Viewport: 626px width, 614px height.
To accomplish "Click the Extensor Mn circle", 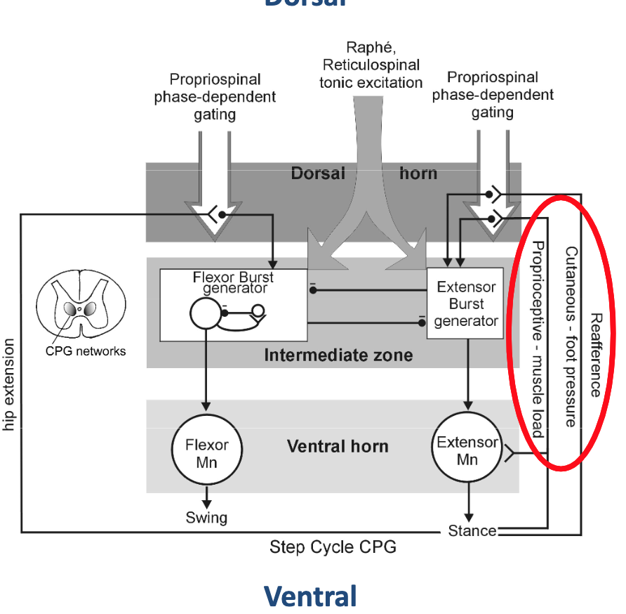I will (x=467, y=450).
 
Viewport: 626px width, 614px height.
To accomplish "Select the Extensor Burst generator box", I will (x=466, y=303).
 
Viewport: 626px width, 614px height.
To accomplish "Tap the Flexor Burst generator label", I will (x=234, y=282).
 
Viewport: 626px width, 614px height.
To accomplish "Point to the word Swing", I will (x=206, y=518).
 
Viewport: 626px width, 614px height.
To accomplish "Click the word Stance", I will (x=472, y=531).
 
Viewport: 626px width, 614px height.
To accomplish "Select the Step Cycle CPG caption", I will (x=333, y=547).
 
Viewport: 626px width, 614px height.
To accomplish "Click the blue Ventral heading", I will (x=310, y=596).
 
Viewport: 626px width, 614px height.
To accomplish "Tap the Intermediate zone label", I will (x=338, y=355).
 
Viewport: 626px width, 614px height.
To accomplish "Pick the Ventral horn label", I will (x=338, y=446).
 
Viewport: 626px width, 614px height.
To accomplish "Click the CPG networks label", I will (x=86, y=351).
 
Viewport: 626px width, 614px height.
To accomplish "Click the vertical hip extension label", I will (x=9, y=385).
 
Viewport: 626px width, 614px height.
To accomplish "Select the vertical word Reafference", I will (x=595, y=355).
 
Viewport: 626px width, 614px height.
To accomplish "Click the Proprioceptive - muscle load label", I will (x=538, y=339).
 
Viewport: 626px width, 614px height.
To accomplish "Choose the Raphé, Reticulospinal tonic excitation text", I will (x=371, y=65).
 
